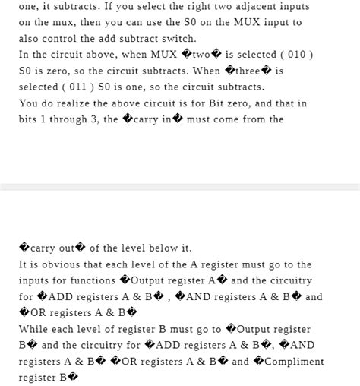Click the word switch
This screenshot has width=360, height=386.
pos(178,39)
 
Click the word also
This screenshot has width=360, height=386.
pos(30,39)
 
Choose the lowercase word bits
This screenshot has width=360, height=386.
pos(30,119)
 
